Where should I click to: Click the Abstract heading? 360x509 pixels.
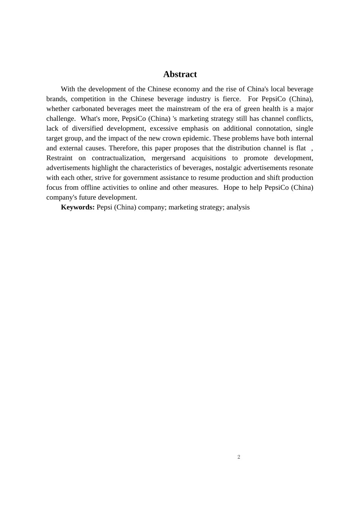pos(180,74)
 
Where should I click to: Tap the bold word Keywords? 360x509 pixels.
pos(78,207)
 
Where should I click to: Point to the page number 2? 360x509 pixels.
pos(239,457)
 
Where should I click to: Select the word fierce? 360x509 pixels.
pos(231,99)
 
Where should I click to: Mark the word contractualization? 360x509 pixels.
pos(118,158)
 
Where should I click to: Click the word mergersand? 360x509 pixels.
pos(168,158)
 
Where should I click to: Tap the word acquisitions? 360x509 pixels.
pos(208,158)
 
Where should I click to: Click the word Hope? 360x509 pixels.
pos(231,187)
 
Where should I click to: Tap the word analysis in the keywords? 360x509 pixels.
pos(238,207)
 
